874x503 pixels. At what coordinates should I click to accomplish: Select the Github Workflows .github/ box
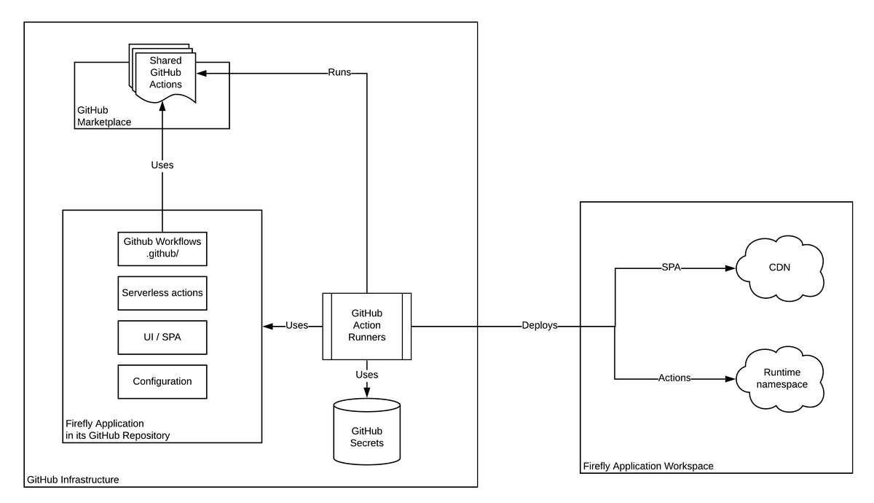coord(162,249)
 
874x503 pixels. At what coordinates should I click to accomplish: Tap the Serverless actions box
coord(162,293)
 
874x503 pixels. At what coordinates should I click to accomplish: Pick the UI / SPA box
coord(162,338)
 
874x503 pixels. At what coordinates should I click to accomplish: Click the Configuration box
coord(162,381)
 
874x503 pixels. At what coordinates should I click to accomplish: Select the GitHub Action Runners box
coord(366,326)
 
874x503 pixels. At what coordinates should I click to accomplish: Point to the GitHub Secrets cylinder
coord(366,432)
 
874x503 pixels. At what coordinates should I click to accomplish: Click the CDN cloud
coord(779,268)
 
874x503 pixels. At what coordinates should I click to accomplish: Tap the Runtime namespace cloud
coord(779,378)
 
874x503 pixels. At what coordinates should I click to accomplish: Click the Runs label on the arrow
coord(339,73)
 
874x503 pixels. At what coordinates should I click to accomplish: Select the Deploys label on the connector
coord(539,326)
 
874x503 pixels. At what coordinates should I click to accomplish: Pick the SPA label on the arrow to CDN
coord(670,268)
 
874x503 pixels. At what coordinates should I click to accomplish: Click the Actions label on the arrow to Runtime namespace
coord(674,378)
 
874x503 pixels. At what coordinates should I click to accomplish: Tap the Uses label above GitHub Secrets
coord(366,375)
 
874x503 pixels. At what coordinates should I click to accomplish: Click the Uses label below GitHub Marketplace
coord(162,165)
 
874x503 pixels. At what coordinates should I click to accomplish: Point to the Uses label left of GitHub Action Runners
coord(296,326)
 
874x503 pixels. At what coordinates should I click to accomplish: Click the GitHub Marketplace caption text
coord(103,116)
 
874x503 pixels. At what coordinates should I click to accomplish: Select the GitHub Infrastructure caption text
coord(73,480)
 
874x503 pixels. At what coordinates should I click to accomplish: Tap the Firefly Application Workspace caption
coord(648,466)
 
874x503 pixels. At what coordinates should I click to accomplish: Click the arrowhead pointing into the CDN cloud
coord(731,268)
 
